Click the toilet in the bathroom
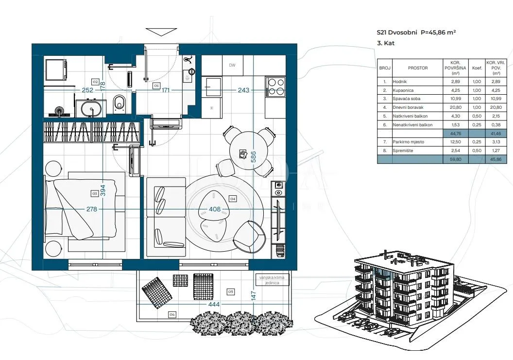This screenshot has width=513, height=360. (x=120, y=103)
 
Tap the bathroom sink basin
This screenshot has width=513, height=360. (x=91, y=107)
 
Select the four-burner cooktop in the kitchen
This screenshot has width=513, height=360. (x=275, y=87)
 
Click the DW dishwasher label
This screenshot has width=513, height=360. (x=232, y=65)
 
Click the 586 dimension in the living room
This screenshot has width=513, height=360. (x=253, y=157)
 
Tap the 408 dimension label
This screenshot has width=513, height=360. (x=215, y=209)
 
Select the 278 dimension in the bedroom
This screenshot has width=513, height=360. (x=92, y=209)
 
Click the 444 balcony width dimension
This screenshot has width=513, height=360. (x=214, y=304)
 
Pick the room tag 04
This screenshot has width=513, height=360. (x=233, y=199)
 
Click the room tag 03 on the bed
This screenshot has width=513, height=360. (x=95, y=194)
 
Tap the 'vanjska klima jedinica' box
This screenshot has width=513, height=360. (x=272, y=280)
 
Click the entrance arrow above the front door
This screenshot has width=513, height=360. (x=161, y=32)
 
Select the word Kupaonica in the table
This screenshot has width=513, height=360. (x=403, y=90)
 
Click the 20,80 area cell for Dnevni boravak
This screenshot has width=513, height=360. (x=455, y=107)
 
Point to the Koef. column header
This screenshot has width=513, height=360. (x=477, y=68)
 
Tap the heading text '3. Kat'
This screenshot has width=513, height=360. (x=386, y=43)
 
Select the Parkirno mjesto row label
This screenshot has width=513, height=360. (x=408, y=142)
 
